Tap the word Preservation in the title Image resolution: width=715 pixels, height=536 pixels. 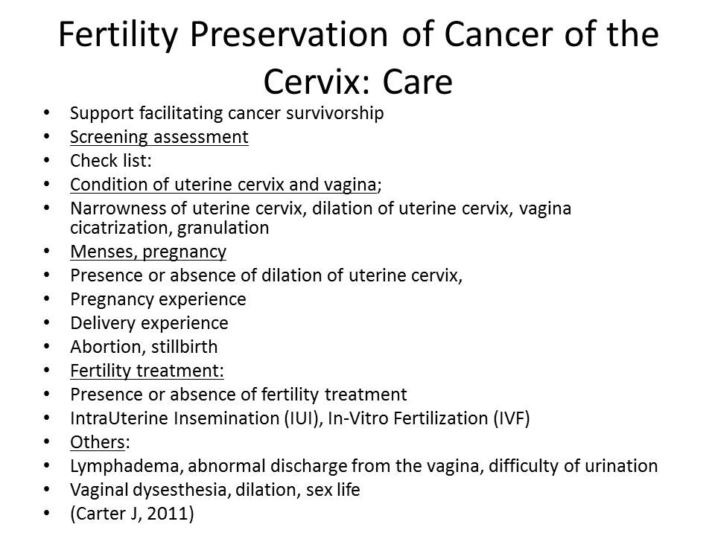click(289, 35)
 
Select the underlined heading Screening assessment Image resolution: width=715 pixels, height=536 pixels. click(159, 137)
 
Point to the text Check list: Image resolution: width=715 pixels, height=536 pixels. click(111, 161)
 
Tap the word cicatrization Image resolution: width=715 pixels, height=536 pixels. click(121, 228)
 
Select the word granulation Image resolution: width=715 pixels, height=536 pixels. click(223, 229)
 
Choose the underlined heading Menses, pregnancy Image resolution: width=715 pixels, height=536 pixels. click(148, 252)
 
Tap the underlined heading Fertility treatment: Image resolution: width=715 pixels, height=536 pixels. click(147, 371)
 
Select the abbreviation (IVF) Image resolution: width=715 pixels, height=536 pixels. click(512, 418)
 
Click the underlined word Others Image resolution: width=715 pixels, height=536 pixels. click(97, 442)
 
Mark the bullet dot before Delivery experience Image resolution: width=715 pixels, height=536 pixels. click(46, 322)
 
